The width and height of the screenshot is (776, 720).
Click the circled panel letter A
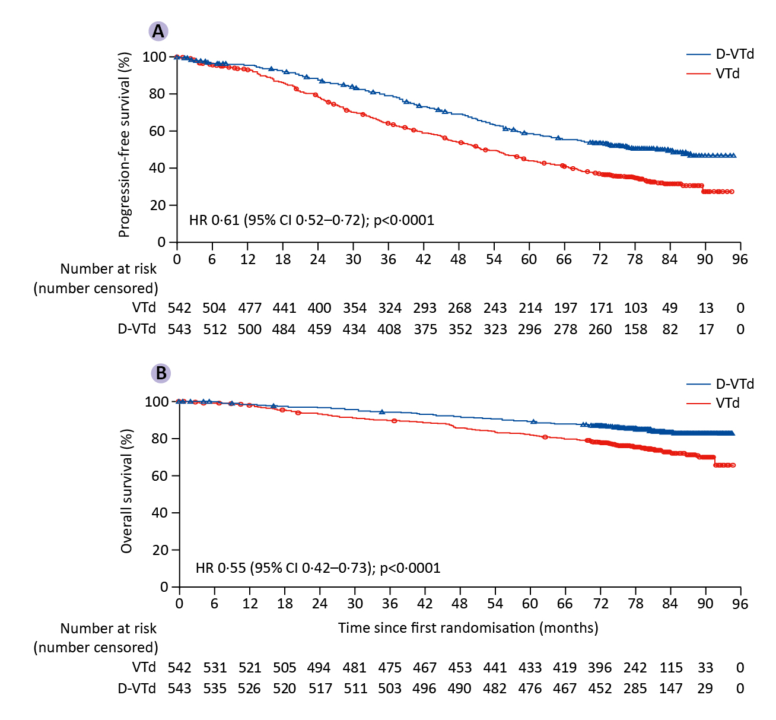[x=158, y=31]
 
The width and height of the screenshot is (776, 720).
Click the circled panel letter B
[x=161, y=373]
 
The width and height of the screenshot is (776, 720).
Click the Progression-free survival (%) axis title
[x=124, y=145]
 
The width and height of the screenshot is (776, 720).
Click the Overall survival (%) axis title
[x=126, y=491]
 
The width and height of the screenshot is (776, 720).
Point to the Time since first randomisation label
[x=468, y=627]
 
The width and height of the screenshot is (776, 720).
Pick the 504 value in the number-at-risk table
[x=214, y=308]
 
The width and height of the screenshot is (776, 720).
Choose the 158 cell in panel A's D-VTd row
[x=635, y=329]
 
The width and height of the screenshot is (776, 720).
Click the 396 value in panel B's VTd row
[x=600, y=668]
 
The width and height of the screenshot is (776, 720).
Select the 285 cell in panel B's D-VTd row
[x=635, y=689]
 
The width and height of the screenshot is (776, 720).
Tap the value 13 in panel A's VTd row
[x=706, y=308]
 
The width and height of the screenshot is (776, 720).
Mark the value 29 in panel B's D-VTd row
[x=706, y=689]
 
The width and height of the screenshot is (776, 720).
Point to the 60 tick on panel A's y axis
[x=157, y=131]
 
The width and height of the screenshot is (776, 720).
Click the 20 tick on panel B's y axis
[x=160, y=550]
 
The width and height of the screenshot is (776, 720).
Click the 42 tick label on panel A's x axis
[x=423, y=259]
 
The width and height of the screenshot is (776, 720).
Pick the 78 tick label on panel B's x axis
[x=635, y=604]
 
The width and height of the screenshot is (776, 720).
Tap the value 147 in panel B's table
[x=671, y=689]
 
